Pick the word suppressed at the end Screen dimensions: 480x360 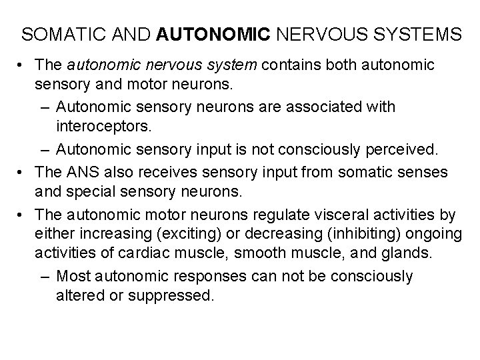click(x=179, y=294)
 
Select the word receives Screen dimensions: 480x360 click(x=159, y=172)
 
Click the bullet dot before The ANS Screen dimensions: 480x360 click(x=23, y=172)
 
